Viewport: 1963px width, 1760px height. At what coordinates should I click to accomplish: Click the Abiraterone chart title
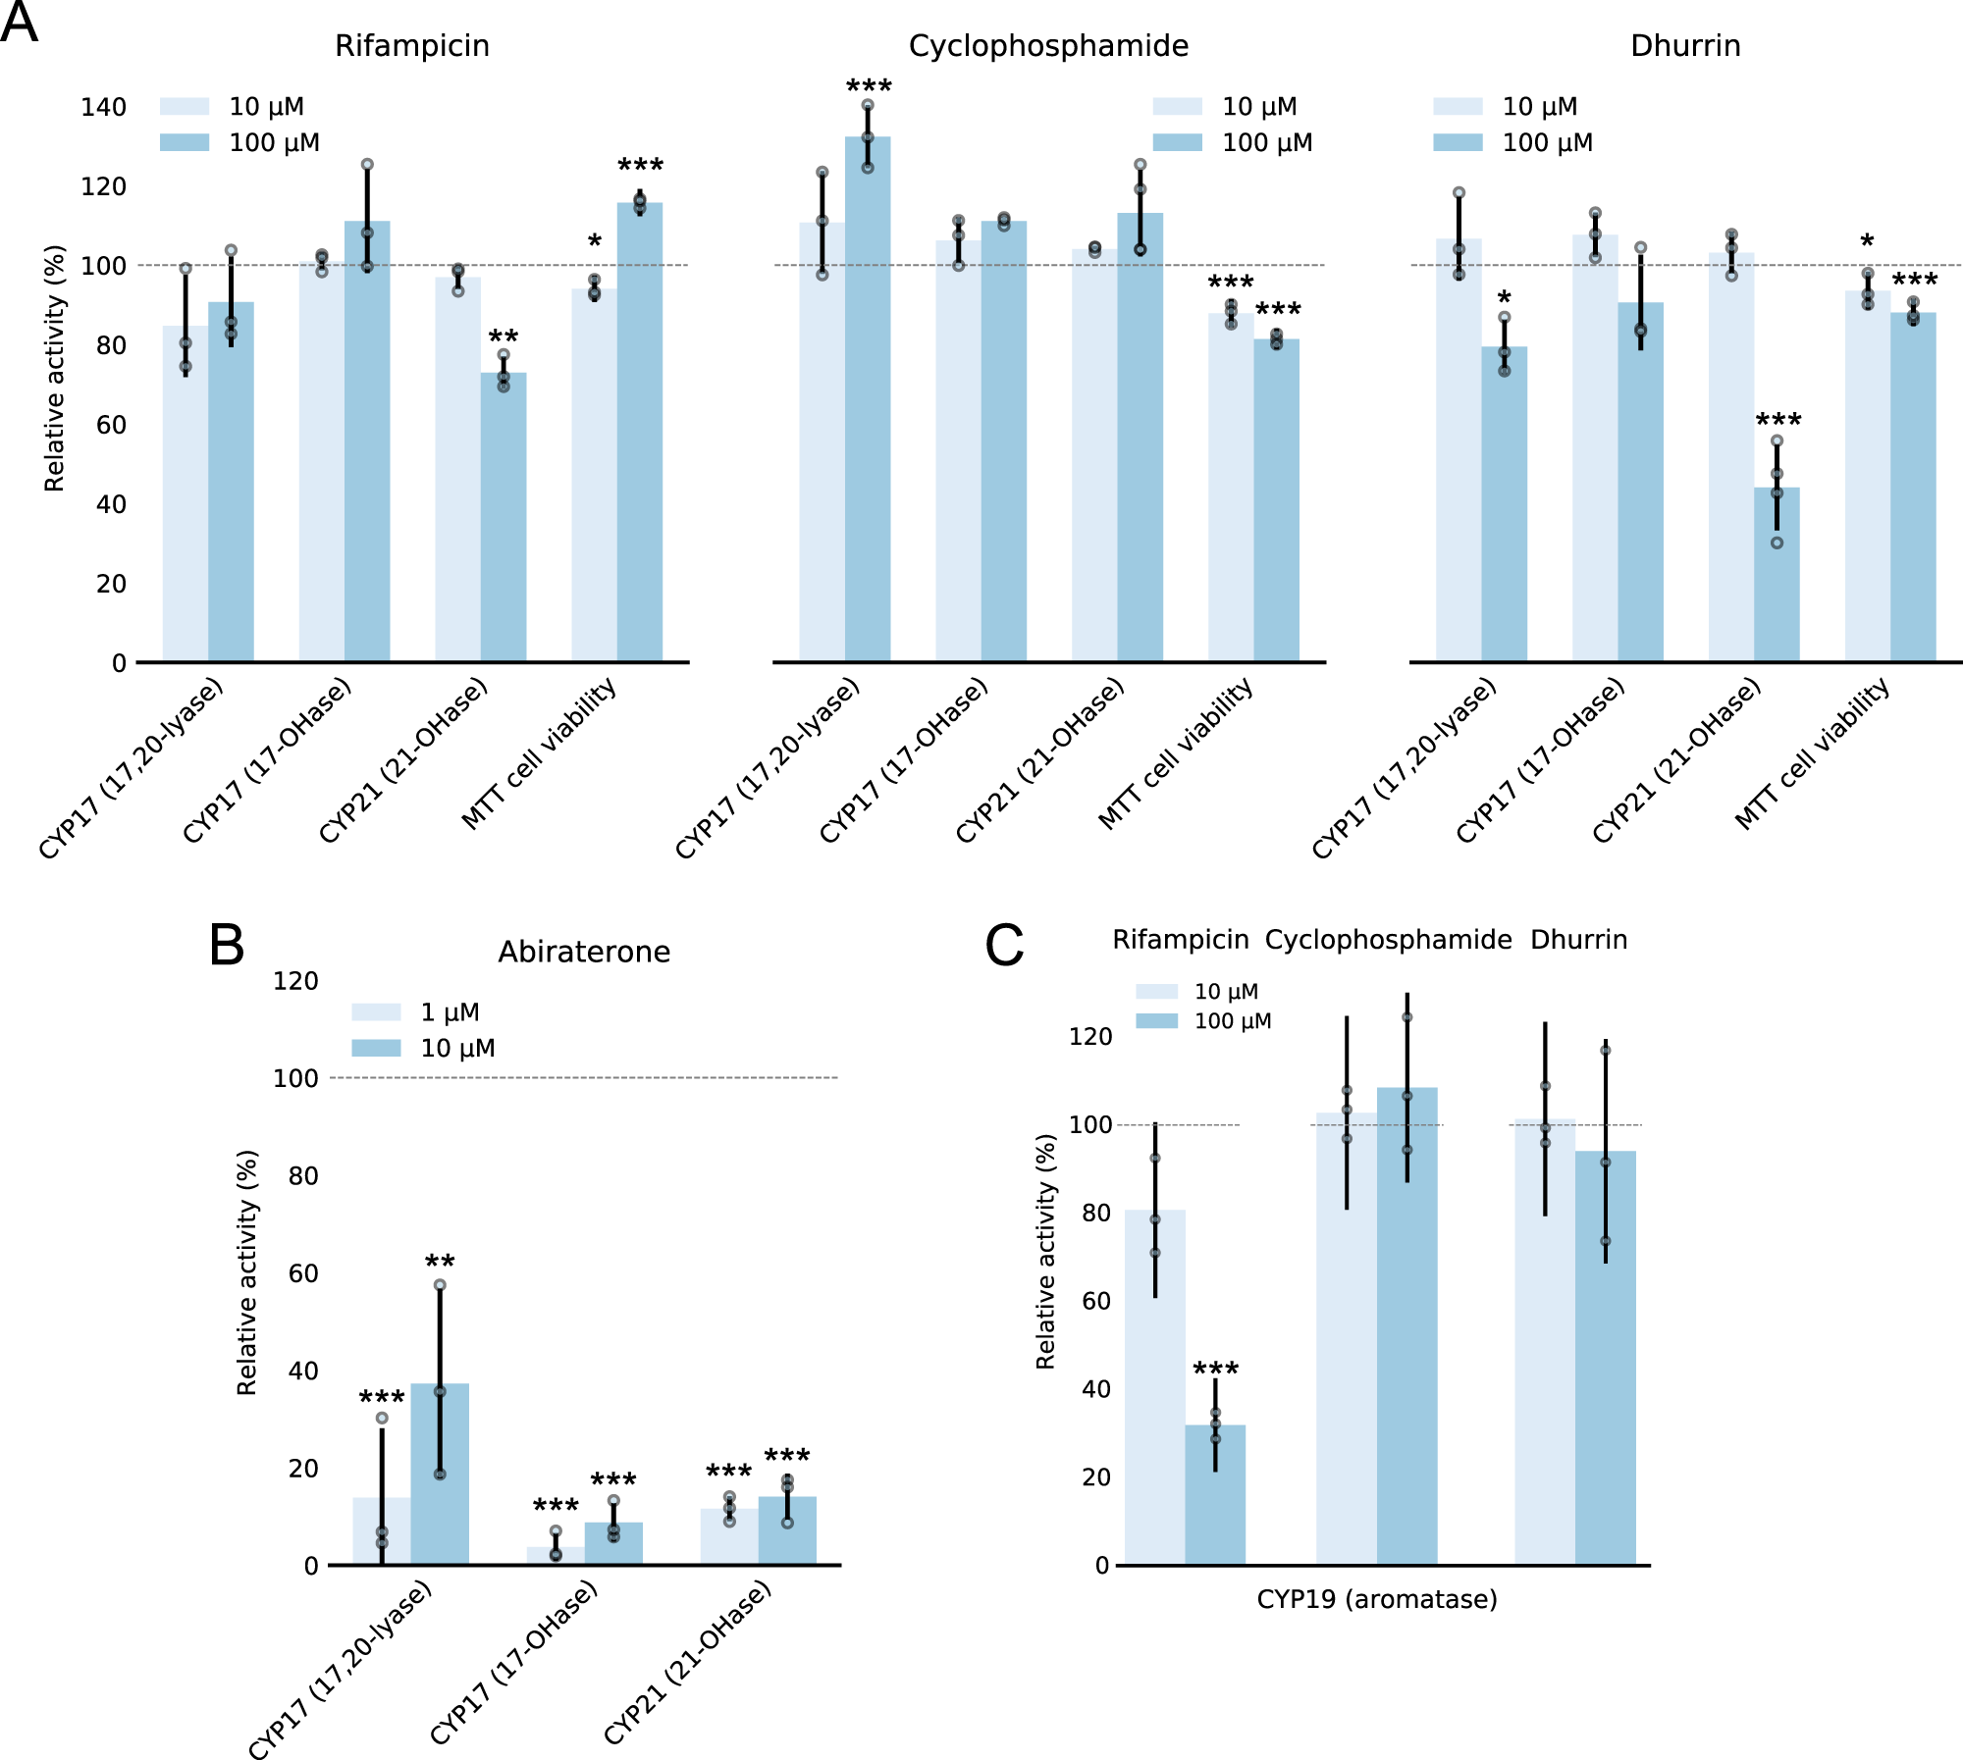(x=584, y=952)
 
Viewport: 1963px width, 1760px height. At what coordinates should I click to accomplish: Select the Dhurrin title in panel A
(x=1685, y=46)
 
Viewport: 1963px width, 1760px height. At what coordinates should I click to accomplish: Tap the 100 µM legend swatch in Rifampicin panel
(x=185, y=143)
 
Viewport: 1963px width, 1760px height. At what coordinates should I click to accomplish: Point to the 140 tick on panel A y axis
(x=103, y=107)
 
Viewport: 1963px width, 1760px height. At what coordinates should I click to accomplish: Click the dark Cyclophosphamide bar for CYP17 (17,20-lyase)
(x=868, y=402)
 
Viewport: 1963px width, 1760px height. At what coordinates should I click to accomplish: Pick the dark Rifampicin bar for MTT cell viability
(x=640, y=432)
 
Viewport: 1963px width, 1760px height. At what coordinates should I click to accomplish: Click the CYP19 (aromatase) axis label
(x=1377, y=1600)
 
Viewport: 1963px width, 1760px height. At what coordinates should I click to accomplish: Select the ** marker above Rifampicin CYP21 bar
(x=504, y=337)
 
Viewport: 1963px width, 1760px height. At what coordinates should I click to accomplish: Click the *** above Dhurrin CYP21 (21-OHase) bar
(x=1778, y=422)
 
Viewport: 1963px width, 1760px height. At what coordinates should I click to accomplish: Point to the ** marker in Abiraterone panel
(x=440, y=1263)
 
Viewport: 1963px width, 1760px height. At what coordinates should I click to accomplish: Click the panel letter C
(x=1004, y=947)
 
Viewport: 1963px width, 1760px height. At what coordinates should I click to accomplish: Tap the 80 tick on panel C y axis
(x=1096, y=1213)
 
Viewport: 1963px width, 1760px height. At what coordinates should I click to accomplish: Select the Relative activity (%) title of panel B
(x=247, y=1272)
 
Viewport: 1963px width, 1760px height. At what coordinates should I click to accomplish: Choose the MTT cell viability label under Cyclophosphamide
(x=1176, y=753)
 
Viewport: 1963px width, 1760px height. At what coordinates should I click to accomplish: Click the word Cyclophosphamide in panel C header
(x=1388, y=940)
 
